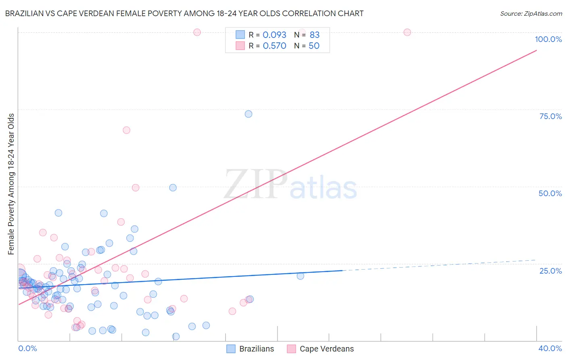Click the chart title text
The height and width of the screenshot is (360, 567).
184,13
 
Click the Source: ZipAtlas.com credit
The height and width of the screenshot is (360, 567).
531,13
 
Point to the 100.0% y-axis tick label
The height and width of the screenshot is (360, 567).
548,39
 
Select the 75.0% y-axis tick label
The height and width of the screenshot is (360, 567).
550,116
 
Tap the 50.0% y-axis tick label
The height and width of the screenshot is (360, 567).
550,193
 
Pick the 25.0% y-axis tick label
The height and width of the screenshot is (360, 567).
550,271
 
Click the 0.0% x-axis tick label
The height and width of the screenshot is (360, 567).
27,348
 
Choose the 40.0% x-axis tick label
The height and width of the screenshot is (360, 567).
550,348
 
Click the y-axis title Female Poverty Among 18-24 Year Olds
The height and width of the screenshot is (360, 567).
11,184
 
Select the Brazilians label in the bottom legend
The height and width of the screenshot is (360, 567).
256,349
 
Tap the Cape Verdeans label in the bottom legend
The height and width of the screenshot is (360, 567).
327,349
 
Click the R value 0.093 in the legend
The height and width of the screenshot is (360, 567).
275,35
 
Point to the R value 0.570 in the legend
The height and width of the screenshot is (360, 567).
275,46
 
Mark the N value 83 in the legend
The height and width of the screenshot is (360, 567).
315,35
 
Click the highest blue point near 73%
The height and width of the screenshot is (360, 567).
248,114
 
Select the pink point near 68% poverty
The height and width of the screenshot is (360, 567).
126,130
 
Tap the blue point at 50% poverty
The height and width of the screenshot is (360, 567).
173,188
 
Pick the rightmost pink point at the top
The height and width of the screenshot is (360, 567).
407,32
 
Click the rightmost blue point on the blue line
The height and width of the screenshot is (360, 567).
300,276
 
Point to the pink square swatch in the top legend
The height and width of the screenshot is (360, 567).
240,46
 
